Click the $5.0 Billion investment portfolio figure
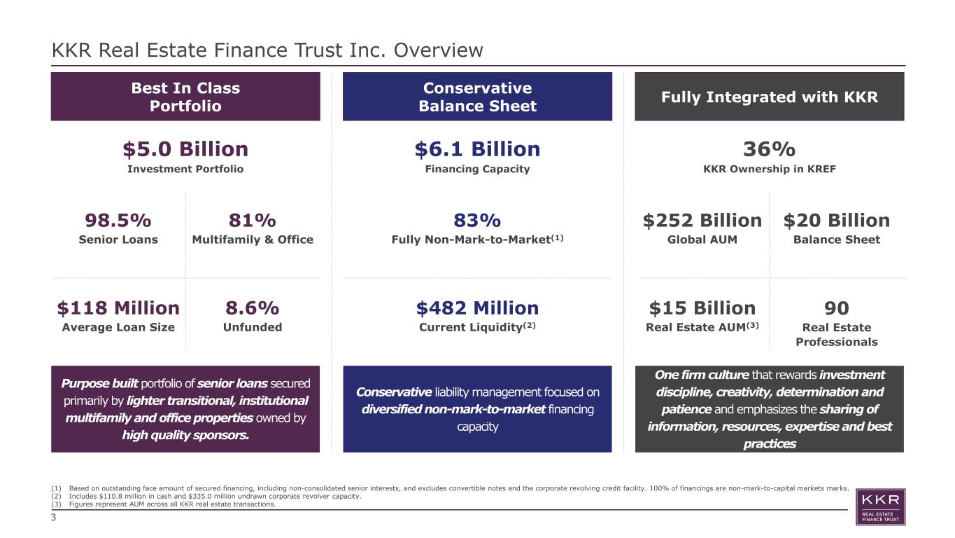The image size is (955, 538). click(185, 149)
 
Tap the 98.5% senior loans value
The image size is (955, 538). click(118, 221)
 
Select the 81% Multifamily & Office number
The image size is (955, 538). click(253, 221)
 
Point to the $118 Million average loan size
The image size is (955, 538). click(118, 308)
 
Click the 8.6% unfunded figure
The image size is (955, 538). click(253, 308)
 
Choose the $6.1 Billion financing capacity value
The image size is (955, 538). click(477, 149)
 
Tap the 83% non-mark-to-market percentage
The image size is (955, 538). click(477, 221)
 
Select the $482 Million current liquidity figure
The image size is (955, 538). click(477, 308)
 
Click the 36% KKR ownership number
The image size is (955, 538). click(769, 149)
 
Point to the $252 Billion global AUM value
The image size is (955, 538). click(702, 221)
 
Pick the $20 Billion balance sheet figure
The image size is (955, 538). click(837, 221)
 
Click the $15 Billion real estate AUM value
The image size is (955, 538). click(702, 308)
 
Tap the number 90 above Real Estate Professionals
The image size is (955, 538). click(837, 308)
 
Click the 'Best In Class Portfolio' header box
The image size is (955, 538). click(185, 97)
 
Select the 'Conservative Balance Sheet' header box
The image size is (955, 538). click(477, 97)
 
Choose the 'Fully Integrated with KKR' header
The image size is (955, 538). click(770, 97)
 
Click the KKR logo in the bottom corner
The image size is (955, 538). click(880, 507)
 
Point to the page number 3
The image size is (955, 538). click(53, 518)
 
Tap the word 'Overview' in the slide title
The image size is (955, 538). click(438, 50)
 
